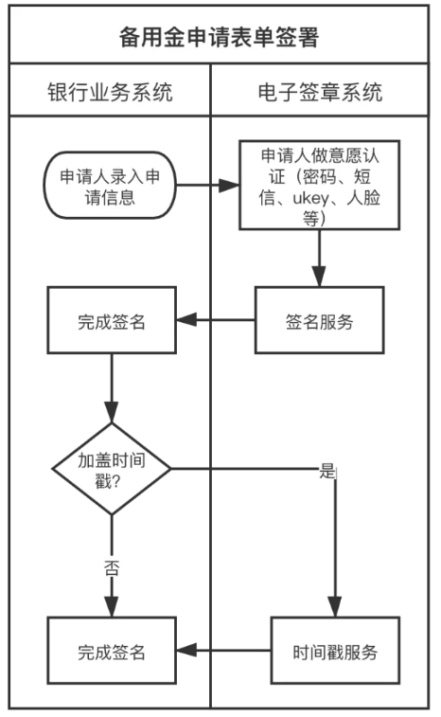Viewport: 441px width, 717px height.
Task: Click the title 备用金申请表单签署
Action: coord(219,38)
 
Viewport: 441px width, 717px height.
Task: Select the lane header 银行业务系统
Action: coord(110,92)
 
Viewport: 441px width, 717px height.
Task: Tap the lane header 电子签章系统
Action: coord(320,92)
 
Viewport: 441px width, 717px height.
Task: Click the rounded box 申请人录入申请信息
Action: coord(110,186)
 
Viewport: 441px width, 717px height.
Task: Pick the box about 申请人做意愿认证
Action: coord(320,186)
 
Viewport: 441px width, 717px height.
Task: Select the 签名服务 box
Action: coord(320,320)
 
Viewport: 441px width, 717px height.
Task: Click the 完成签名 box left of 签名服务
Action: coord(112,320)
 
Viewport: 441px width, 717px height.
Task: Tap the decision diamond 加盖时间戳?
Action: coord(112,469)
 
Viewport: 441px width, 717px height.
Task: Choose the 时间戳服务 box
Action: coord(335,651)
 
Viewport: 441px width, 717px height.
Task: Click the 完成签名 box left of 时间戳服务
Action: coord(112,651)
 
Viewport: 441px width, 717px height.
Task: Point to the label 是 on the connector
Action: coord(327,471)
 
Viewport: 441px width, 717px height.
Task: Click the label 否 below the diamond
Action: coord(112,568)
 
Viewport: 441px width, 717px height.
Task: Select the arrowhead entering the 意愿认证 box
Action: coord(229,186)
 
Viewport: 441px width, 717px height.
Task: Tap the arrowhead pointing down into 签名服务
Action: coord(320,277)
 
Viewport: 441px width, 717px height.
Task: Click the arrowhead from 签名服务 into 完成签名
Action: coord(186,320)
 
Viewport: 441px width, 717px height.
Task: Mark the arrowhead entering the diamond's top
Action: coord(112,412)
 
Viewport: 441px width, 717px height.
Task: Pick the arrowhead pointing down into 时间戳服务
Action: coord(335,606)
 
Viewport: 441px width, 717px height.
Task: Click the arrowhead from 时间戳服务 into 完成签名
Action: coord(186,651)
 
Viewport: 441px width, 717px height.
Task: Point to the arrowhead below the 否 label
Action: coord(112,606)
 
